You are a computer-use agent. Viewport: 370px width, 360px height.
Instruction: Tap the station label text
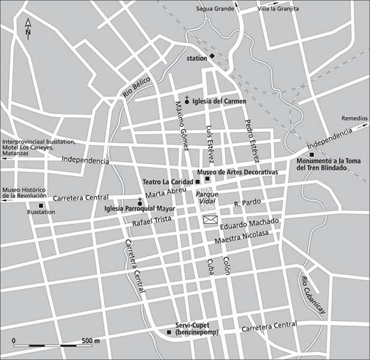tap(197, 59)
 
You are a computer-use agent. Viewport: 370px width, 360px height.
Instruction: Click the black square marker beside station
tap(212, 56)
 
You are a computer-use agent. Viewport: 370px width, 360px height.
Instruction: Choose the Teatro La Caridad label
tap(168, 182)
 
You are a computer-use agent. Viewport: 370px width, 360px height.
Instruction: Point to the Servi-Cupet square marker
tap(169, 333)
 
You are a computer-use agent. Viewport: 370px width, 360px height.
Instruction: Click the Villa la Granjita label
tap(277, 9)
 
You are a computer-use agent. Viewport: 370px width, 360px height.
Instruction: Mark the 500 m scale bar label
tap(91, 340)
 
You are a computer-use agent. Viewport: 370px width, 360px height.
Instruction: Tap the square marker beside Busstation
tap(41, 205)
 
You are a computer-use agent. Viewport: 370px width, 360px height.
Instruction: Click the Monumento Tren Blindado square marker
tap(312, 154)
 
